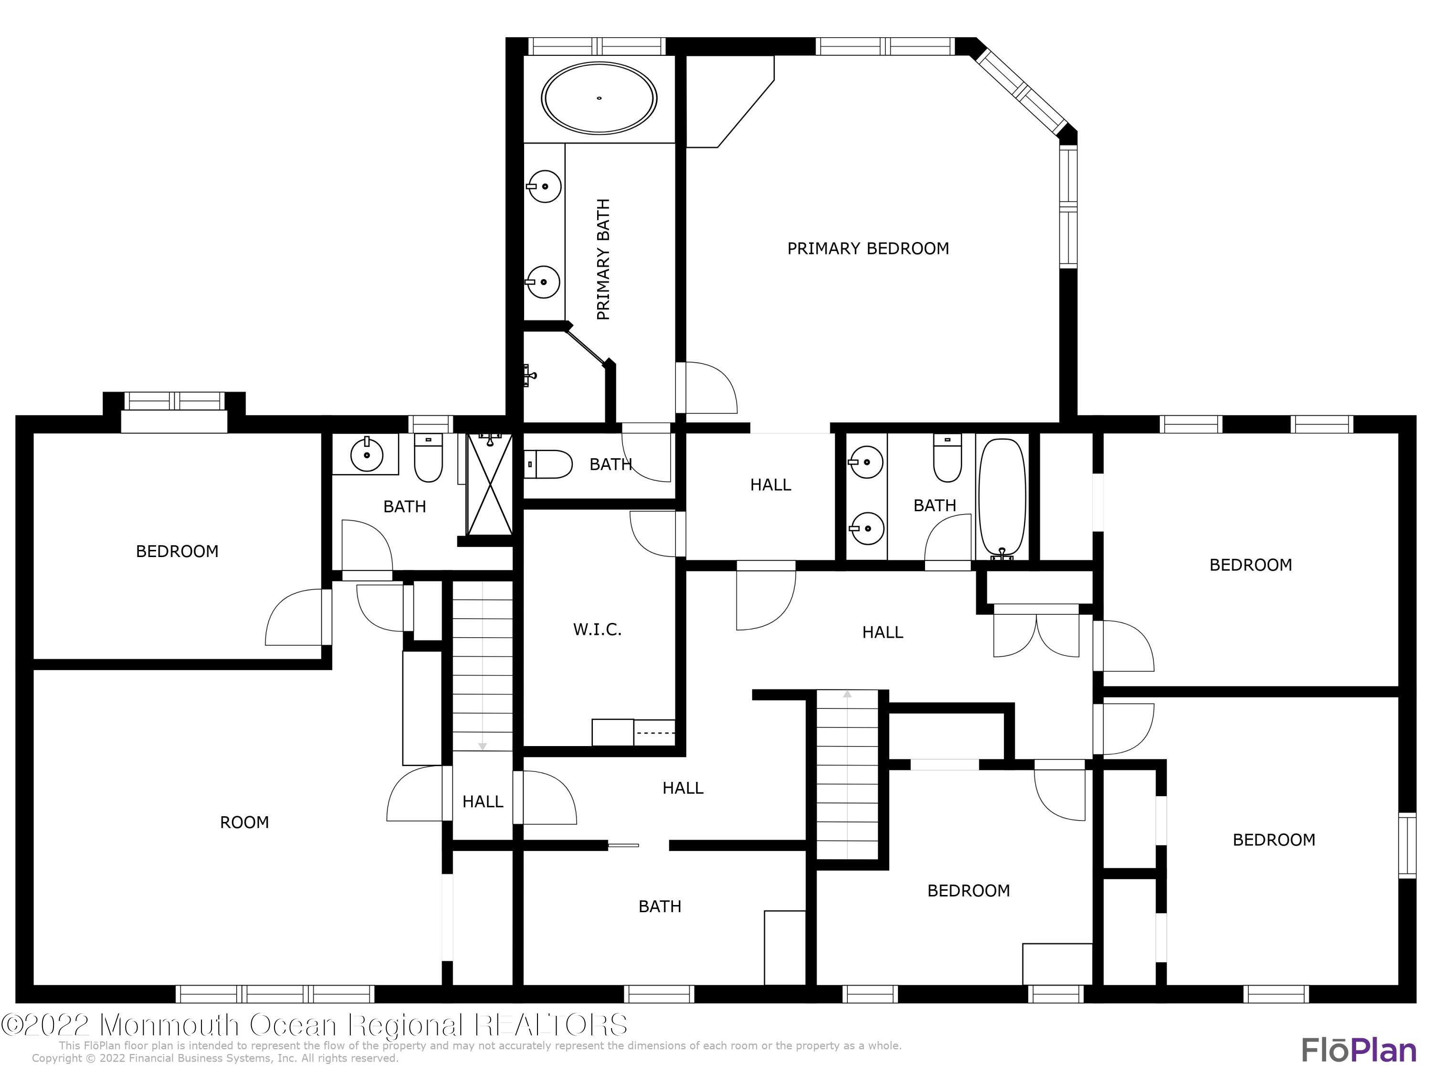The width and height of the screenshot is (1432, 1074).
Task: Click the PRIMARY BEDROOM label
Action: (x=867, y=249)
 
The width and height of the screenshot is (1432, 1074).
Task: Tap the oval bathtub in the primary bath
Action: (x=599, y=98)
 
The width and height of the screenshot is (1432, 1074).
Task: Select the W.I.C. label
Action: (x=597, y=629)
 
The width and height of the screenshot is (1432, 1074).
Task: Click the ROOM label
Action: (x=244, y=822)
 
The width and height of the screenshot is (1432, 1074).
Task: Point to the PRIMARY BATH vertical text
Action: (x=603, y=259)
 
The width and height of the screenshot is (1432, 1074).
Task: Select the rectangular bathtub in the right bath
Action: (x=1002, y=498)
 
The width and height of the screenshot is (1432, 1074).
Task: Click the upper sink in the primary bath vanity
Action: (x=544, y=187)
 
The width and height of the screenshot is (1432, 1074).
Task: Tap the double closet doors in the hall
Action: (x=1036, y=636)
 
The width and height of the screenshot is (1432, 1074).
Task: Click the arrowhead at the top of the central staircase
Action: (x=847, y=695)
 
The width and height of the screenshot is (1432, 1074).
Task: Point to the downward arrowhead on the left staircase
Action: (x=482, y=747)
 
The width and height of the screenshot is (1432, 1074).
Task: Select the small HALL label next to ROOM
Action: (x=482, y=801)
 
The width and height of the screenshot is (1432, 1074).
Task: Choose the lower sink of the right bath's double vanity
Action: (x=866, y=529)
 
